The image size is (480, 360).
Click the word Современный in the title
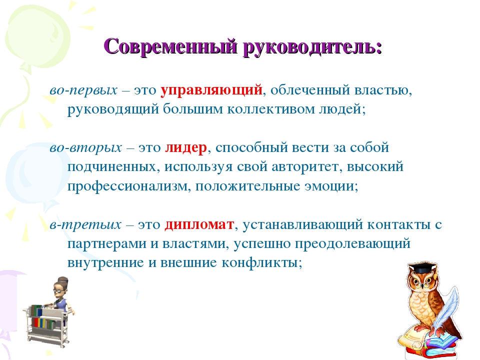click(171, 46)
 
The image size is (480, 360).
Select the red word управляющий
click(211, 90)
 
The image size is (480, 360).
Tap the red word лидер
click(186, 148)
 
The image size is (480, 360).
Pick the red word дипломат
click(199, 225)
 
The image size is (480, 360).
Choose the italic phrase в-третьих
click(85, 225)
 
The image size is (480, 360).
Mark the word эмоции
click(329, 186)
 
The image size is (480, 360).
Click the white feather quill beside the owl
click(445, 309)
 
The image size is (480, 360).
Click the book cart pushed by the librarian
click(46, 324)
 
